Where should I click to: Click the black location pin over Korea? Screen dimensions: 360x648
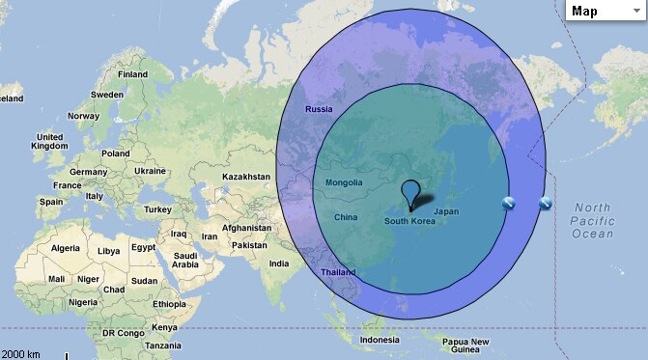[411, 192]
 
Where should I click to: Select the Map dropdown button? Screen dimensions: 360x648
[604, 11]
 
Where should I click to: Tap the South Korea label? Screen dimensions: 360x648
[409, 221]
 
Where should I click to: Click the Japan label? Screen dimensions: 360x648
[446, 211]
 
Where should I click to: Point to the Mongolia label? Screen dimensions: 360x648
[343, 182]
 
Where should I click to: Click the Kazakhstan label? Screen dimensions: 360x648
[246, 177]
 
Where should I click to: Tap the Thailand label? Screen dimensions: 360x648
[338, 272]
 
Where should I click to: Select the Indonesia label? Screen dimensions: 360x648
[379, 340]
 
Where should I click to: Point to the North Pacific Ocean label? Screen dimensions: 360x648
[592, 221]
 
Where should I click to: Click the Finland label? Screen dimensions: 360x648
[132, 74]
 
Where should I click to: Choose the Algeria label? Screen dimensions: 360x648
[65, 248]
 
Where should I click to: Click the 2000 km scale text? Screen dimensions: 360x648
[21, 353]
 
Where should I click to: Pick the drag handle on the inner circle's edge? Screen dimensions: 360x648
[509, 203]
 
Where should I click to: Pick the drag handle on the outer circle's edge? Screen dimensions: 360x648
[546, 203]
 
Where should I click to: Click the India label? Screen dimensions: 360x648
[279, 263]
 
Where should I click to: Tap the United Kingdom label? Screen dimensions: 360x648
[49, 142]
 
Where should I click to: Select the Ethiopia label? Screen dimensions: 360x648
[169, 304]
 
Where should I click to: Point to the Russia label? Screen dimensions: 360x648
[319, 109]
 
